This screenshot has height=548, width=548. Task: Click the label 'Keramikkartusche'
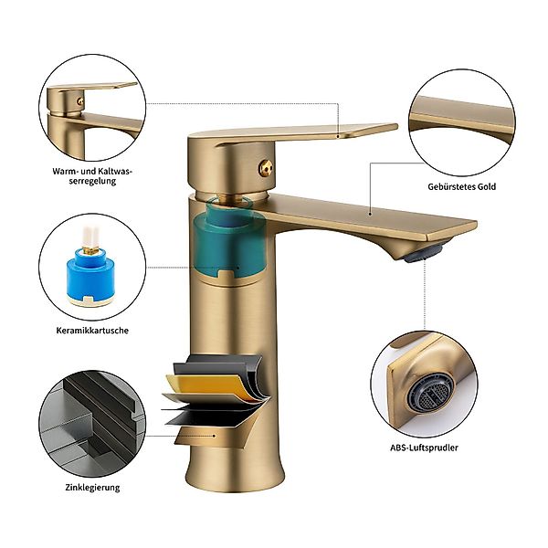pos(92,331)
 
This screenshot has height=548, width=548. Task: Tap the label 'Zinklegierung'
pos(92,487)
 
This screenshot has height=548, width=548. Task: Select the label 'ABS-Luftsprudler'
pos(424,448)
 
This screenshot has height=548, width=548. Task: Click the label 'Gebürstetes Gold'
pos(461,186)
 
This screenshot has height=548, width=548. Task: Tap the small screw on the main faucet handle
pos(265,168)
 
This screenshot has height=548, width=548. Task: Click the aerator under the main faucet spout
pos(424,252)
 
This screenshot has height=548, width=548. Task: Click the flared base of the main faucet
pos(235,472)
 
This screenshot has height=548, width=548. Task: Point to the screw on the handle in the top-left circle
pos(80,101)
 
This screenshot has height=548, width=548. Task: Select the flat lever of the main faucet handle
pos(293,133)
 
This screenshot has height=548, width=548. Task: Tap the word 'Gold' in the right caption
pos(487,186)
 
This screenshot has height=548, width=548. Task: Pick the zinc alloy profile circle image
pos(91,424)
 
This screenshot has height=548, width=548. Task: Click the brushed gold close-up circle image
pos(462,122)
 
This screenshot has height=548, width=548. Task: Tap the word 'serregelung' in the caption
pos(92,181)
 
